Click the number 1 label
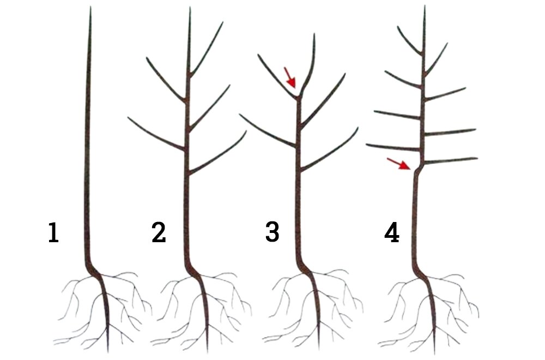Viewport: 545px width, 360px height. (x=53, y=233)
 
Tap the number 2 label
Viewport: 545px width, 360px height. (x=159, y=233)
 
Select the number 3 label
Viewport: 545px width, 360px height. (x=272, y=232)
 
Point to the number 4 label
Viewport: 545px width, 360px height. (x=392, y=233)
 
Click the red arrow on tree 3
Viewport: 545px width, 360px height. (x=290, y=77)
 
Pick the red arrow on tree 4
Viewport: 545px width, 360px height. (x=398, y=164)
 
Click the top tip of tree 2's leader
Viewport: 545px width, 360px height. (x=190, y=8)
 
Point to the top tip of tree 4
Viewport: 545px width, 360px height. (x=425, y=6)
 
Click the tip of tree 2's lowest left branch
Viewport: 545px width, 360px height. (x=128, y=118)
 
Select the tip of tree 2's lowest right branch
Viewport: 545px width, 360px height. (x=246, y=131)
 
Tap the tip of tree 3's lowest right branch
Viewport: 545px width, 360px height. (x=358, y=128)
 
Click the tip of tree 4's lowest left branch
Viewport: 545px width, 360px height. (x=367, y=145)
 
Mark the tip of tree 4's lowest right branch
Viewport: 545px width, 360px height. (x=477, y=159)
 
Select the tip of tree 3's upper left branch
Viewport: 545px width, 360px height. (x=258, y=55)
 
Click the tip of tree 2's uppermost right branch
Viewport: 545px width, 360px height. (x=222, y=22)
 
